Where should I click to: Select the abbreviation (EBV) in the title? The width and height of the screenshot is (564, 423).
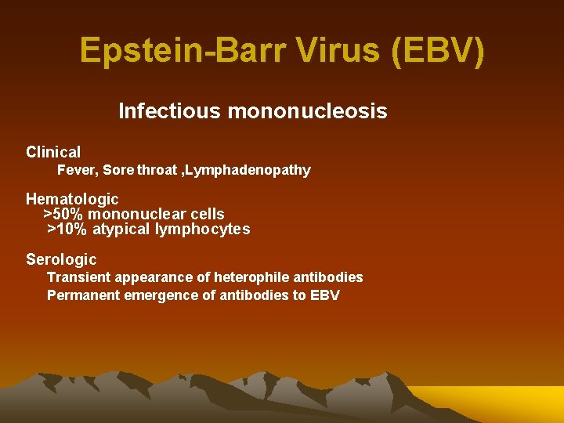point(442,52)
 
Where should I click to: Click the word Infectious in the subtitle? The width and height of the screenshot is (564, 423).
point(169,111)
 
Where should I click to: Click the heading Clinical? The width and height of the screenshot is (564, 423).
point(53,152)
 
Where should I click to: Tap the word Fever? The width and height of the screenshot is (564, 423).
point(77,170)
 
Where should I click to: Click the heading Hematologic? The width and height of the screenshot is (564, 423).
point(72,199)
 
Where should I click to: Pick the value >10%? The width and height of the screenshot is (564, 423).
point(67,229)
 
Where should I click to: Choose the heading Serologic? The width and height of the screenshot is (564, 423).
point(61,259)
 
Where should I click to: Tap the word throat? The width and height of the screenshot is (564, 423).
point(157,170)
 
